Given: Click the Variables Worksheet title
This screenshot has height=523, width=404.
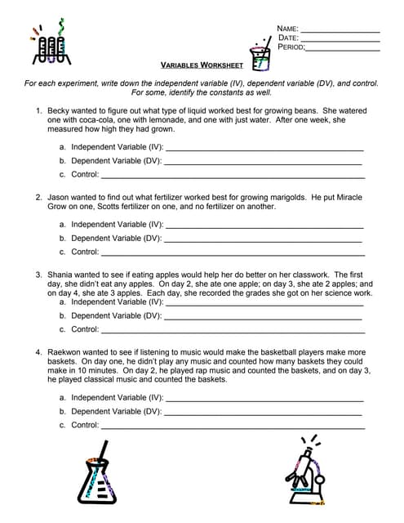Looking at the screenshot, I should pos(202,65).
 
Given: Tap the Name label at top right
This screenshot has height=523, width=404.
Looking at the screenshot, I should pos(288,29).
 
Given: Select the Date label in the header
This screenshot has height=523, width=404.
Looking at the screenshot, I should pos(288,38).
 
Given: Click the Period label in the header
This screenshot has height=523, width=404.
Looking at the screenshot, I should pos(291,47).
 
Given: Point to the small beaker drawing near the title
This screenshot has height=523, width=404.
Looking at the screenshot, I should pos(260,55).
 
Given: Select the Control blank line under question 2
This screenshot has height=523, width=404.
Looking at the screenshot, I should pos(232,253).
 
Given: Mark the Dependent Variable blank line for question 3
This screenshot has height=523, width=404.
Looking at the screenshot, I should pos(263,315).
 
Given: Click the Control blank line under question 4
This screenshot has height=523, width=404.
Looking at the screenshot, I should pos(232,426).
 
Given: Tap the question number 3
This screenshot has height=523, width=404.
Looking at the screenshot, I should pos(38,275).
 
